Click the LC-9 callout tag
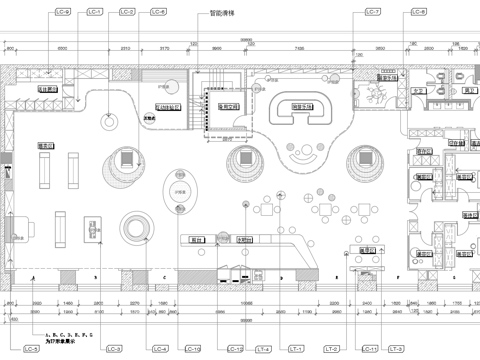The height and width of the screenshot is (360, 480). click(x=64, y=12)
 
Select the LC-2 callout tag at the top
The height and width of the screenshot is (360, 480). click(x=127, y=12)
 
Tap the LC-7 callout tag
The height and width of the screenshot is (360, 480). click(x=373, y=12)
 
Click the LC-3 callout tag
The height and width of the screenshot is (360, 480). click(x=113, y=349)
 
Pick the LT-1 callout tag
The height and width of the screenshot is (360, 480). click(x=296, y=349)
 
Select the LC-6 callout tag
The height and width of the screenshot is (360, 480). click(x=158, y=12)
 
